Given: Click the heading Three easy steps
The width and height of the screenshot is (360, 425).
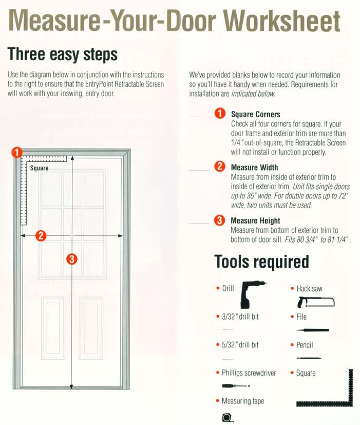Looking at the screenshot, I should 63,54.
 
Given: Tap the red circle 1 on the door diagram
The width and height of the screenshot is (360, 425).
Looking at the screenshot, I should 17,152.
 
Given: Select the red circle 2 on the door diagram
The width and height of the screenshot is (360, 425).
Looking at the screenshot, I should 41,236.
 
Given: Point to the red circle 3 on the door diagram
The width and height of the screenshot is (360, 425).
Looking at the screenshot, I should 72,260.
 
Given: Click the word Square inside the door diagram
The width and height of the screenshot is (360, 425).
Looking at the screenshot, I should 40,168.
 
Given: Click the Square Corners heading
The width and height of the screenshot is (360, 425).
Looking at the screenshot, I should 256,115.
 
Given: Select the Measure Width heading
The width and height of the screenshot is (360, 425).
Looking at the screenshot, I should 254,168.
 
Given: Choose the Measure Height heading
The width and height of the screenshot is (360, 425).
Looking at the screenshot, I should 255,221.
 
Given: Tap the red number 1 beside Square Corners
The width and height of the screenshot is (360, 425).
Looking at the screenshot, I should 219,114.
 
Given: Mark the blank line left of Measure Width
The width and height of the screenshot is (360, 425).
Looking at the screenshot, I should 199,170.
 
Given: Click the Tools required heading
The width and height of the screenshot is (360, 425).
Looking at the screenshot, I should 261,262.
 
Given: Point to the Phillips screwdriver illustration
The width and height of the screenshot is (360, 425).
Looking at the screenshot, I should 234,385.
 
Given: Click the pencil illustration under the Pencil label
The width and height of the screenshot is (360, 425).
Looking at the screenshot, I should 309,358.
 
